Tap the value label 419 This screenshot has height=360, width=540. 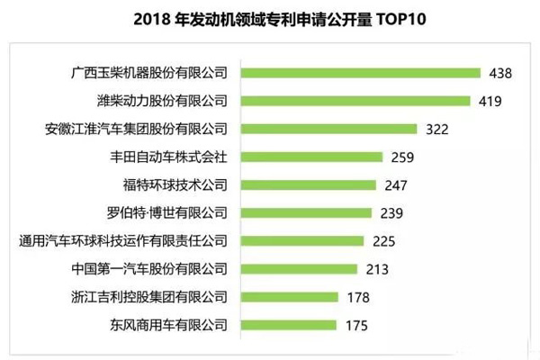[x=490, y=100]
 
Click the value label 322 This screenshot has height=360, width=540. [x=436, y=129]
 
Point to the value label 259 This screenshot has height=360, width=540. [x=402, y=157]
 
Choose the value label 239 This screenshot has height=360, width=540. [x=391, y=212]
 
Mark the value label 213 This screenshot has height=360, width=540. [x=376, y=268]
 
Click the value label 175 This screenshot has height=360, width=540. [x=355, y=324]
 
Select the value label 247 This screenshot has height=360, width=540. [x=397, y=184]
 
